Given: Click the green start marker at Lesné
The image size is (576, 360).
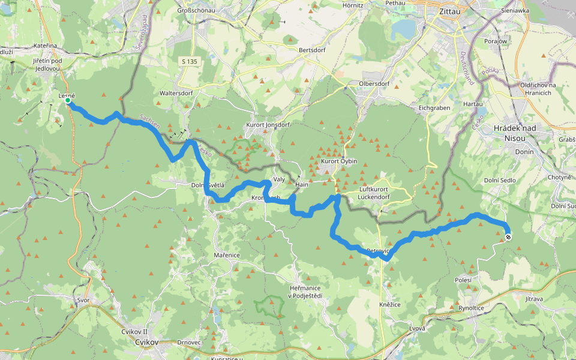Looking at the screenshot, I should (68, 101).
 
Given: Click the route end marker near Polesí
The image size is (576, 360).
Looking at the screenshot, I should (508, 238).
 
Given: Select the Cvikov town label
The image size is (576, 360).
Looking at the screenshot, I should (146, 341).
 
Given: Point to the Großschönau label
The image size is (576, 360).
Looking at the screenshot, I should (200, 10).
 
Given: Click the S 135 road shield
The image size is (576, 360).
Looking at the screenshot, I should (191, 61).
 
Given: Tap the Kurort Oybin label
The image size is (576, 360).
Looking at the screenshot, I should (339, 161).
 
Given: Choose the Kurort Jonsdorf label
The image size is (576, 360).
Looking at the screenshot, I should (268, 125).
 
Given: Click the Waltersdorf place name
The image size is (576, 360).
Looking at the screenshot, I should (176, 93).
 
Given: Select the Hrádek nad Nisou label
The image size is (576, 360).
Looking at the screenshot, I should (517, 133).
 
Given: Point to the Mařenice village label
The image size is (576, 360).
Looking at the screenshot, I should (227, 255).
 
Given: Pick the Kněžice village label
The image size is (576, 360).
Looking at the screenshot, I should (389, 305).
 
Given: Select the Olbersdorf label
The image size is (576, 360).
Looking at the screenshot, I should (375, 83).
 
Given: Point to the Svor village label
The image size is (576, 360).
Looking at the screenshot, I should (83, 299).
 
